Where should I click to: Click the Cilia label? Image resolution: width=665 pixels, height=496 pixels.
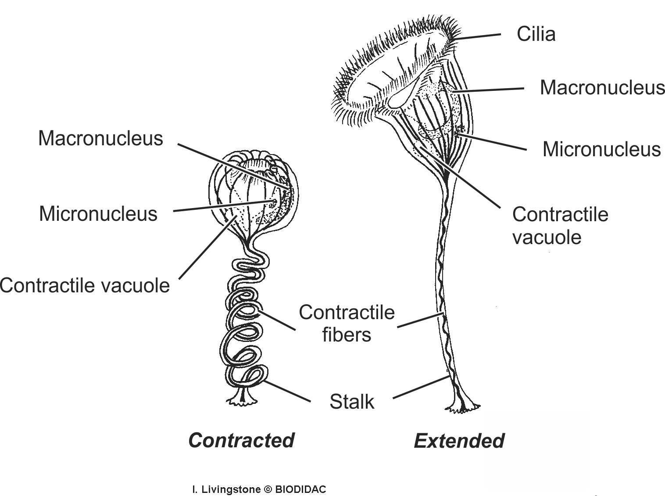click(536, 34)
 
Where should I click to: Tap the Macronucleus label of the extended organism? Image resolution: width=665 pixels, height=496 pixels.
click(602, 87)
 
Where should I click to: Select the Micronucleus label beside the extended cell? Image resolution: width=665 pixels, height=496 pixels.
click(601, 149)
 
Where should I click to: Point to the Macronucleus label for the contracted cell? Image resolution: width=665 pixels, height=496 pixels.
click(100, 138)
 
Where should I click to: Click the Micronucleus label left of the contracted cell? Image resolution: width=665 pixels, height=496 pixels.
click(98, 214)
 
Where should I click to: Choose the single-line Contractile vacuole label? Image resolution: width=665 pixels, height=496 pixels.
click(85, 285)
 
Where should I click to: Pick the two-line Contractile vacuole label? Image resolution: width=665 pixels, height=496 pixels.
click(560, 226)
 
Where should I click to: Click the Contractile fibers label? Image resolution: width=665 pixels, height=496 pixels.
click(347, 323)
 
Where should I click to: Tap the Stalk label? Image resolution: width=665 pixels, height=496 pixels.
click(352, 402)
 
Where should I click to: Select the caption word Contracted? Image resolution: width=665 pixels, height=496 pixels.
click(241, 440)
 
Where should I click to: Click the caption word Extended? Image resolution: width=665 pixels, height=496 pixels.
click(459, 441)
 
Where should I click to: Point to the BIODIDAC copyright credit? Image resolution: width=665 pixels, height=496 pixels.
click(259, 489)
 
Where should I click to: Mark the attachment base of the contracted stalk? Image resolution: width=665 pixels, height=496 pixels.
click(241, 398)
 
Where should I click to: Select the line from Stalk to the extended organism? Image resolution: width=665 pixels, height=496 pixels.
click(420, 387)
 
